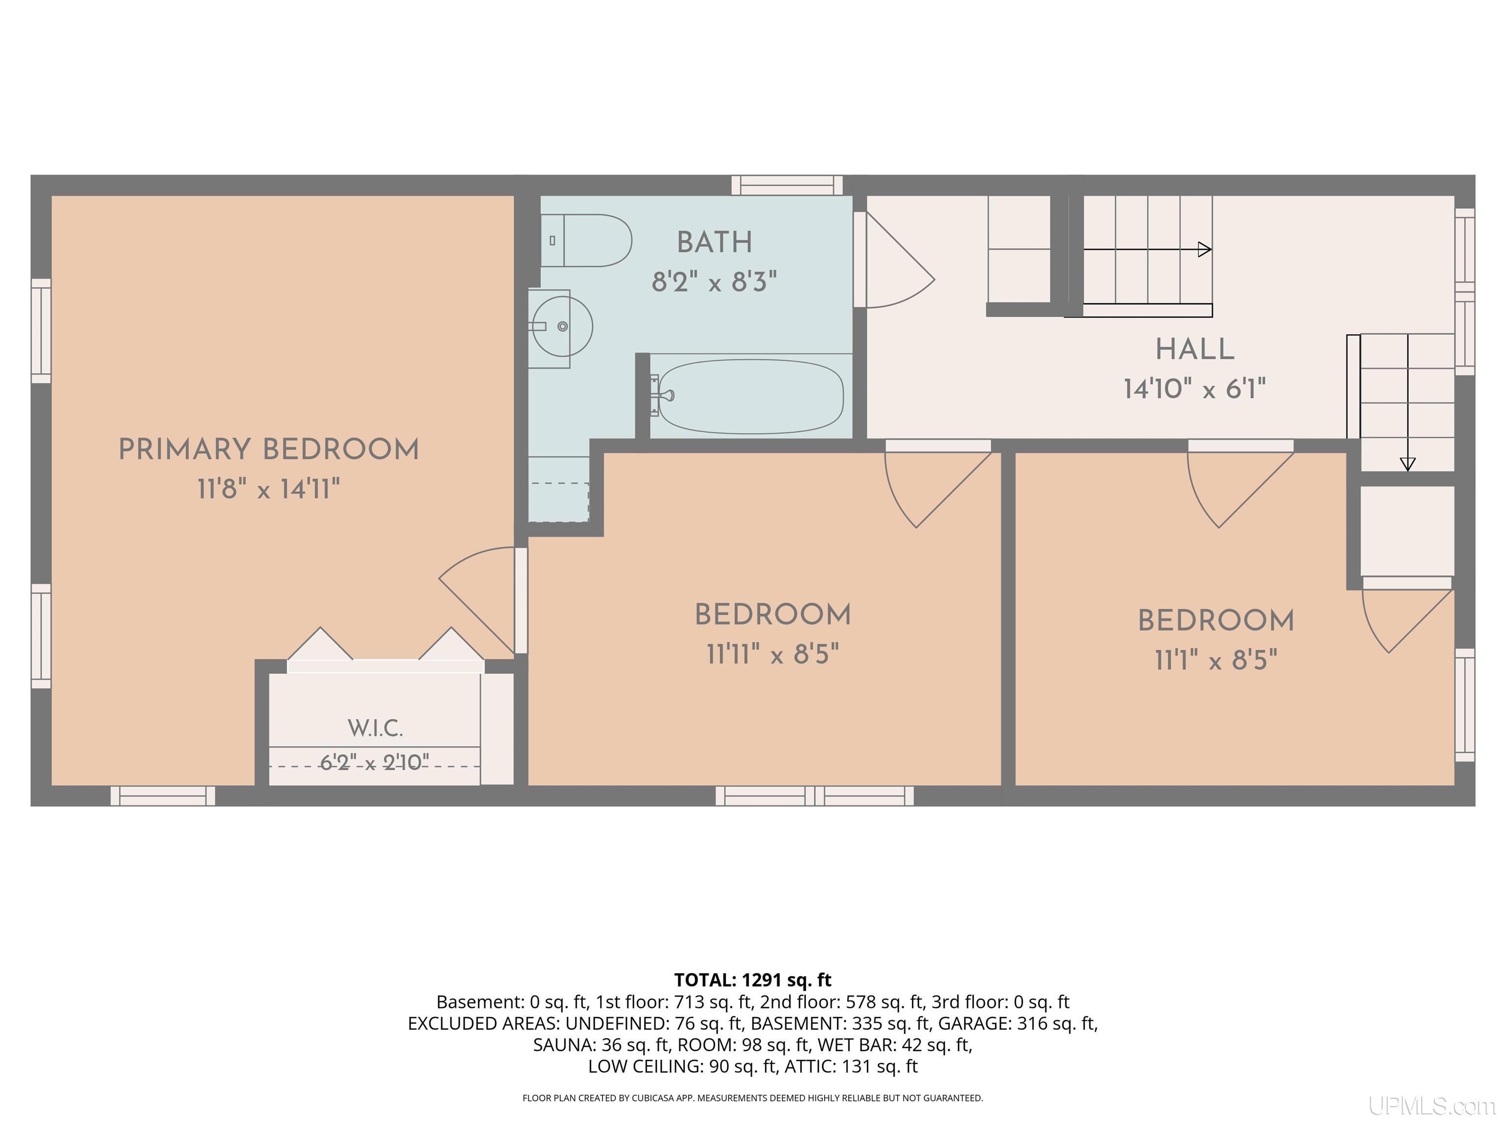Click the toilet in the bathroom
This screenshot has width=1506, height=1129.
pos(586,240)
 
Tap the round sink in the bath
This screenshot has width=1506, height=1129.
pos(562,327)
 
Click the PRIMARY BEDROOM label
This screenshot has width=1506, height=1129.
pos(269,450)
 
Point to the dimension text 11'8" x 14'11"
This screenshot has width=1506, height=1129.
pos(269,489)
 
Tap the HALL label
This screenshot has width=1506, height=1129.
pos(1195,350)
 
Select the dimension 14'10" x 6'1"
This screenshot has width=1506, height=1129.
pos(1195,389)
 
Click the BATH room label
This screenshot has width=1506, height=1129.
pos(715,242)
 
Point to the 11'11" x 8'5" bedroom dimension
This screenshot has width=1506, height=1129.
pos(773,655)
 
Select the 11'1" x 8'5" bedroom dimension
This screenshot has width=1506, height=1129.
pos(1216,660)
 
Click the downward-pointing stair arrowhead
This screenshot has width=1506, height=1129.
pos(1407,464)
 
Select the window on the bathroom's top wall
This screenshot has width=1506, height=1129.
pos(787,185)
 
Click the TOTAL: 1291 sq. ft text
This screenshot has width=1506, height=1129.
pos(753,980)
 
